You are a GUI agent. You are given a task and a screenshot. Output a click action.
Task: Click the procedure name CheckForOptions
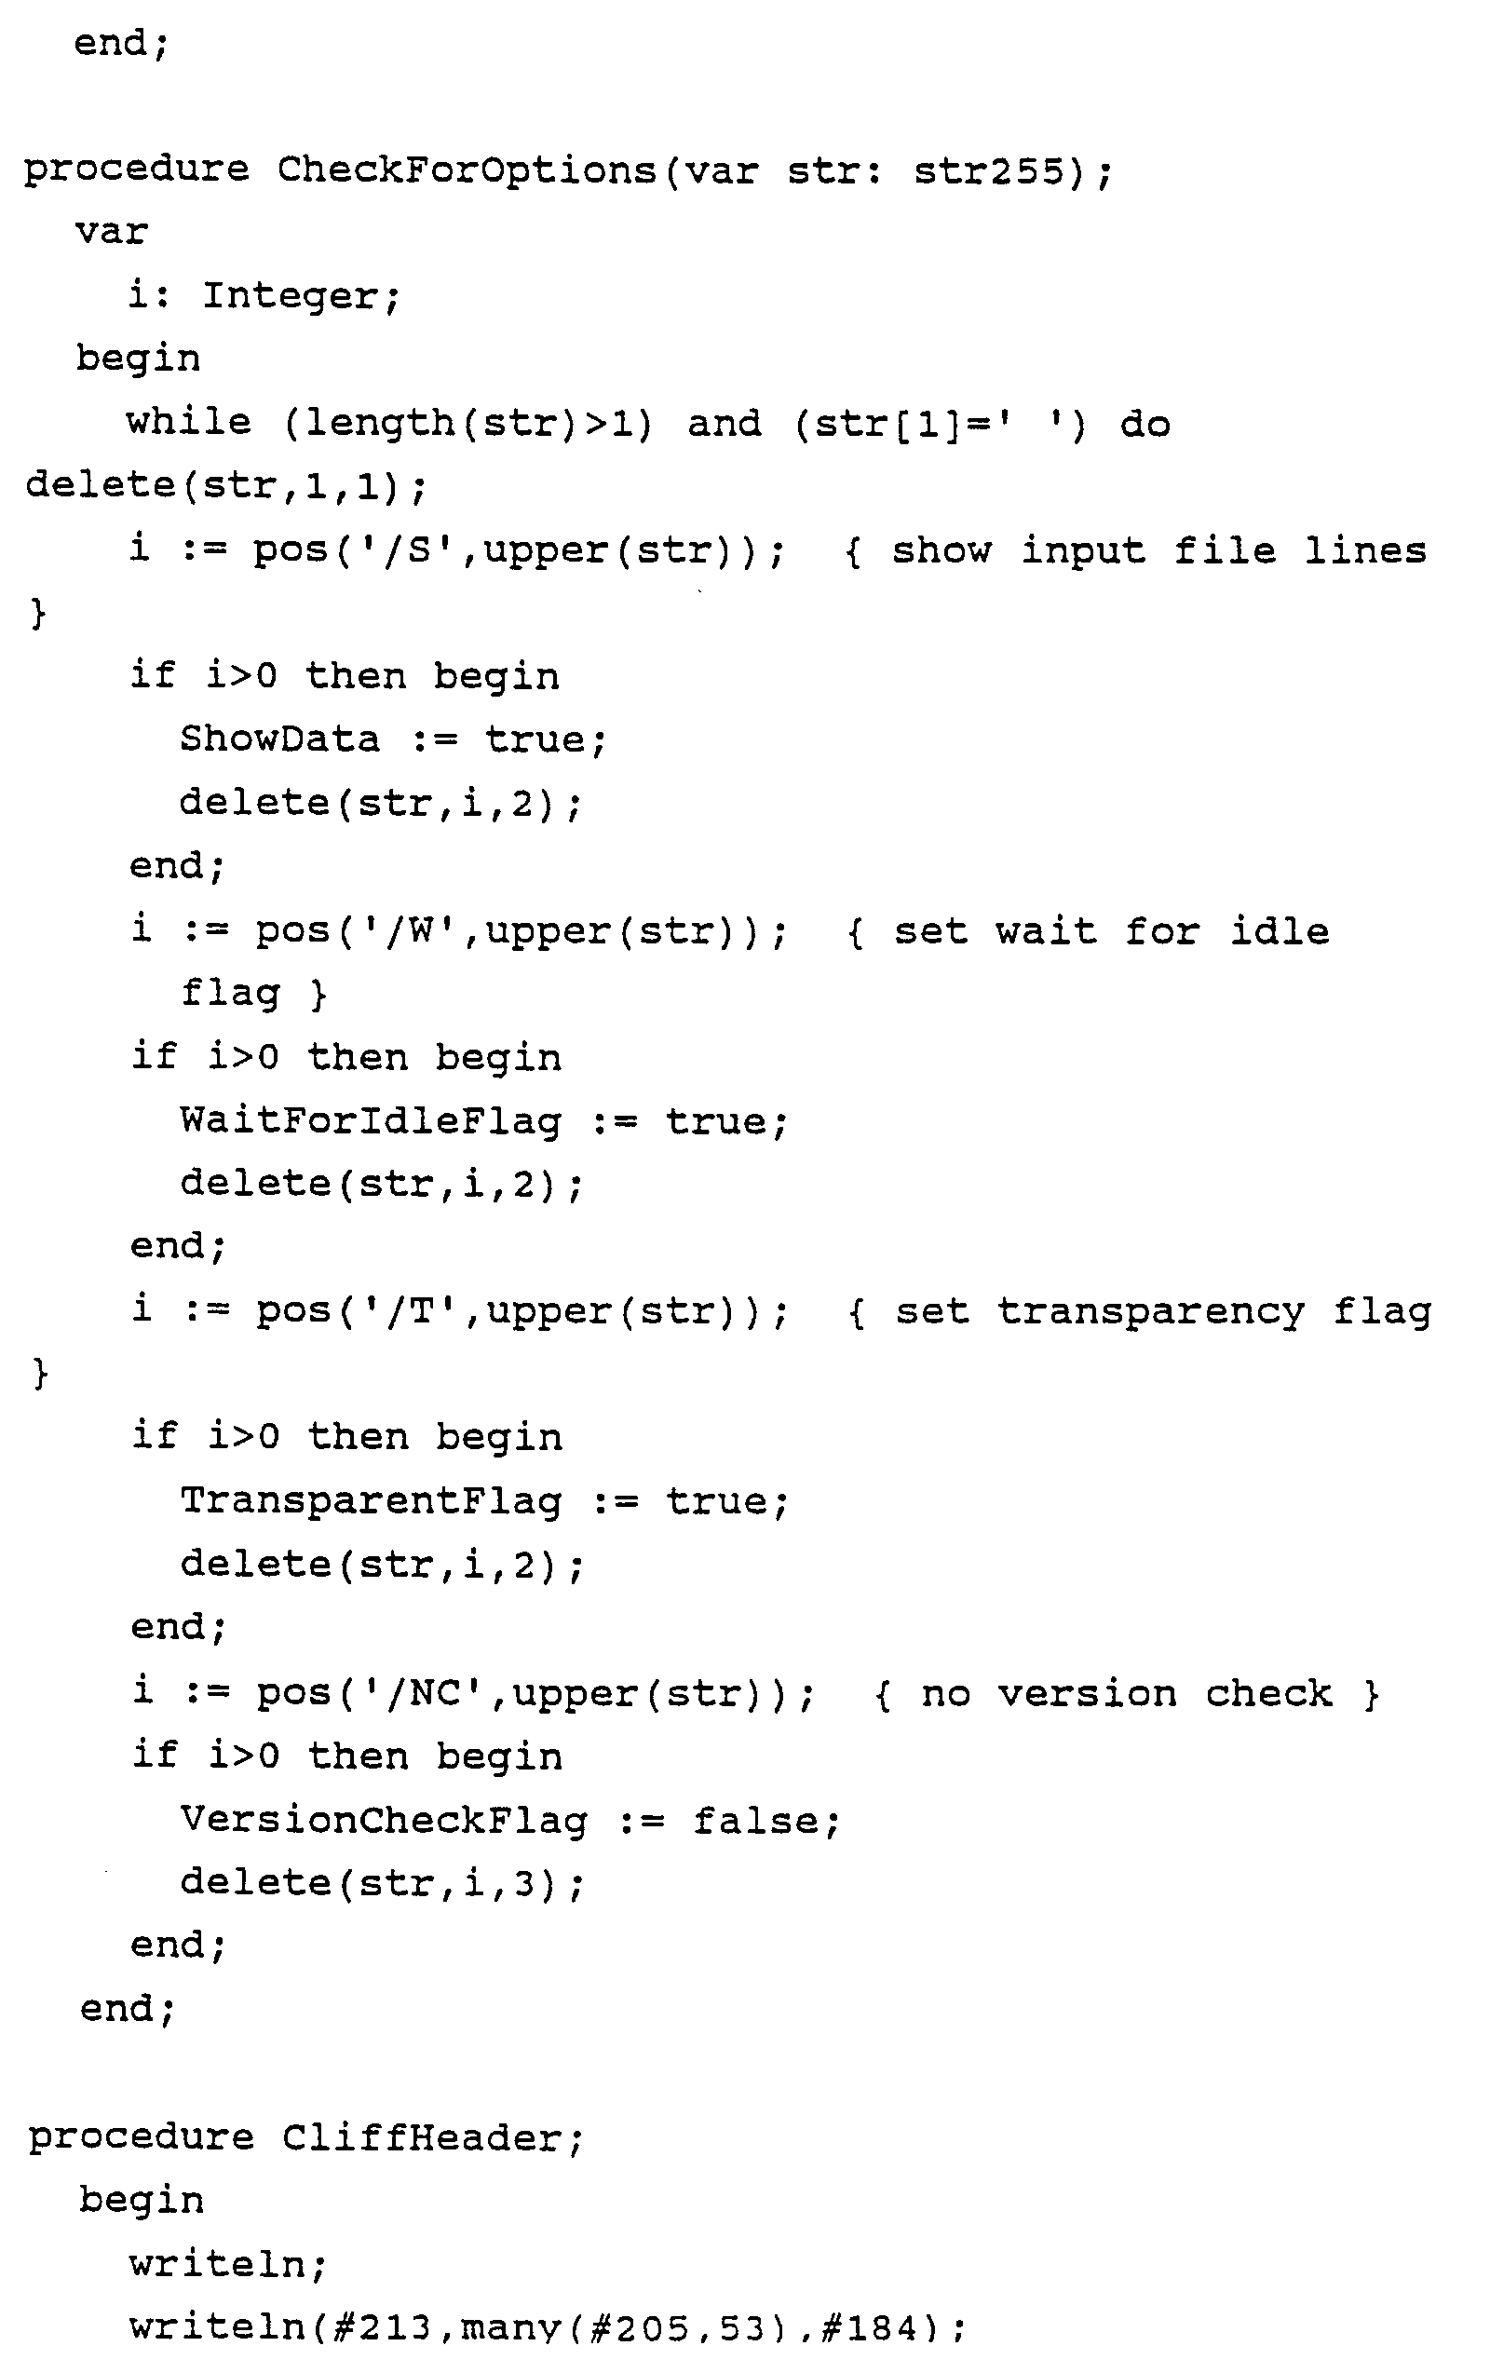(x=467, y=170)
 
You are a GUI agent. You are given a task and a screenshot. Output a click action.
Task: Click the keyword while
(x=188, y=423)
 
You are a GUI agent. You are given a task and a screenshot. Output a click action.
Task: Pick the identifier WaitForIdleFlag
(x=371, y=1120)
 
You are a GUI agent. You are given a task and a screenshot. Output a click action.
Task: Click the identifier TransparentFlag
(x=371, y=1501)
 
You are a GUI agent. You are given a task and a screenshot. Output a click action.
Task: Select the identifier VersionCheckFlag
(x=384, y=1820)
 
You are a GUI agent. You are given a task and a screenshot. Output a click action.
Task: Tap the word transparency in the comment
(x=1150, y=1311)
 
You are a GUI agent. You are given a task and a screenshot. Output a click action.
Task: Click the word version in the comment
(x=1087, y=1693)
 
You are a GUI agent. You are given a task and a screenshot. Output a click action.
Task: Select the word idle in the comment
(x=1280, y=930)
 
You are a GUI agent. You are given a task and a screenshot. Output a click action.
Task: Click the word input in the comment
(x=1082, y=549)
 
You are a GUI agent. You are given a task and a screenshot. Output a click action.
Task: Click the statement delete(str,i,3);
(x=382, y=1882)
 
